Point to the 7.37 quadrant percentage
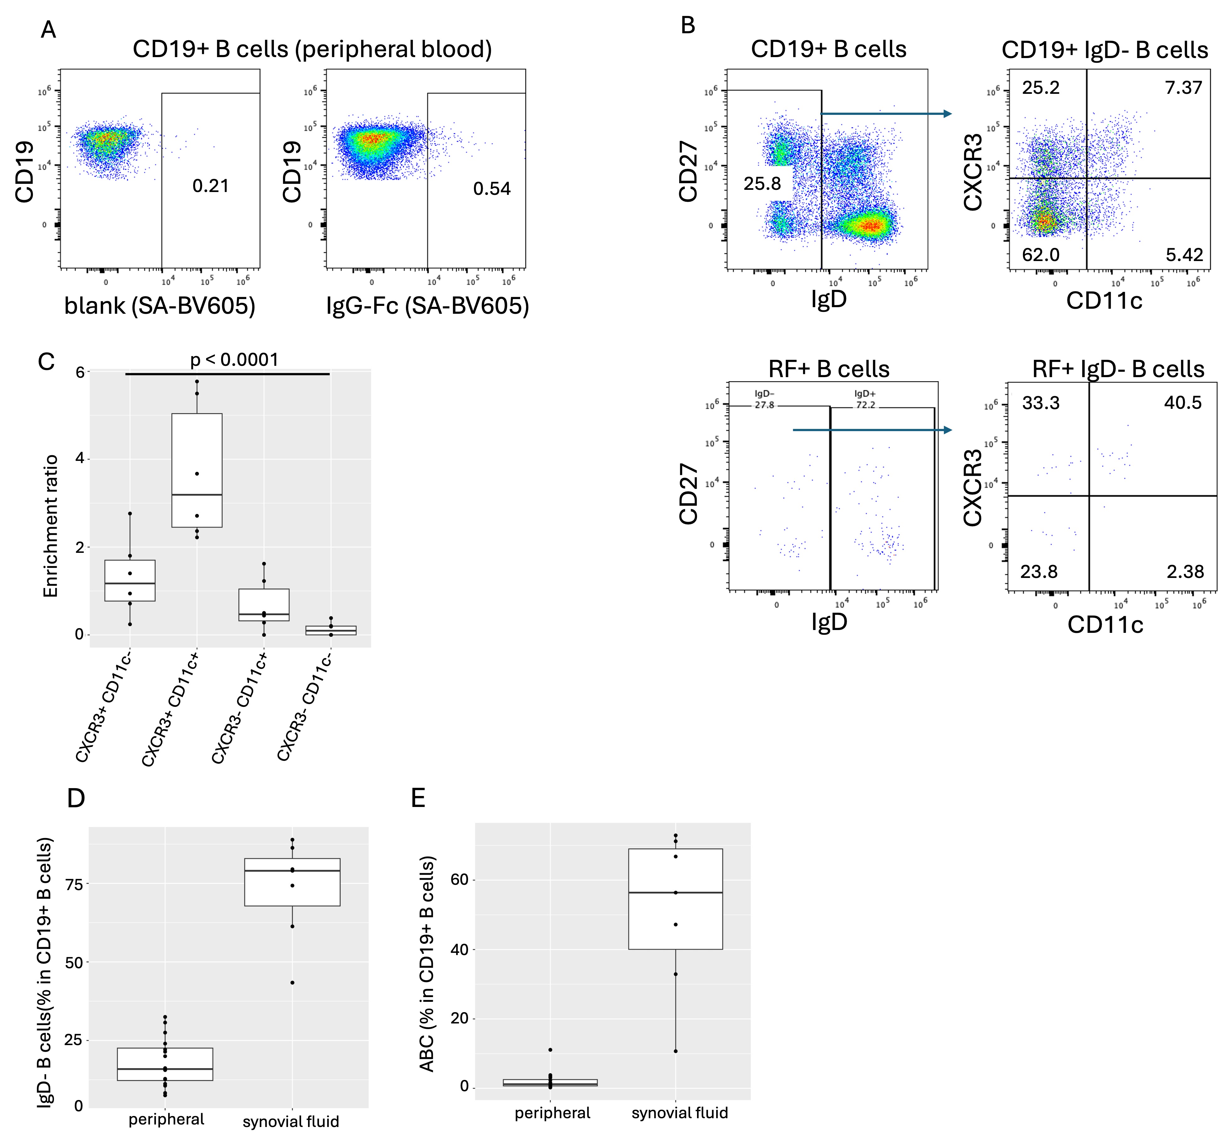tap(1183, 88)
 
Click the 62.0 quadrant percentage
tap(1041, 254)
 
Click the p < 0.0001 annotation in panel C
tap(234, 360)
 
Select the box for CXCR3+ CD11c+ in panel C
tap(197, 470)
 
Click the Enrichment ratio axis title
tap(51, 526)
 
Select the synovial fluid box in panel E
tap(675, 899)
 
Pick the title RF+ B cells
tap(829, 369)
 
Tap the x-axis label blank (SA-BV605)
tap(160, 306)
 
